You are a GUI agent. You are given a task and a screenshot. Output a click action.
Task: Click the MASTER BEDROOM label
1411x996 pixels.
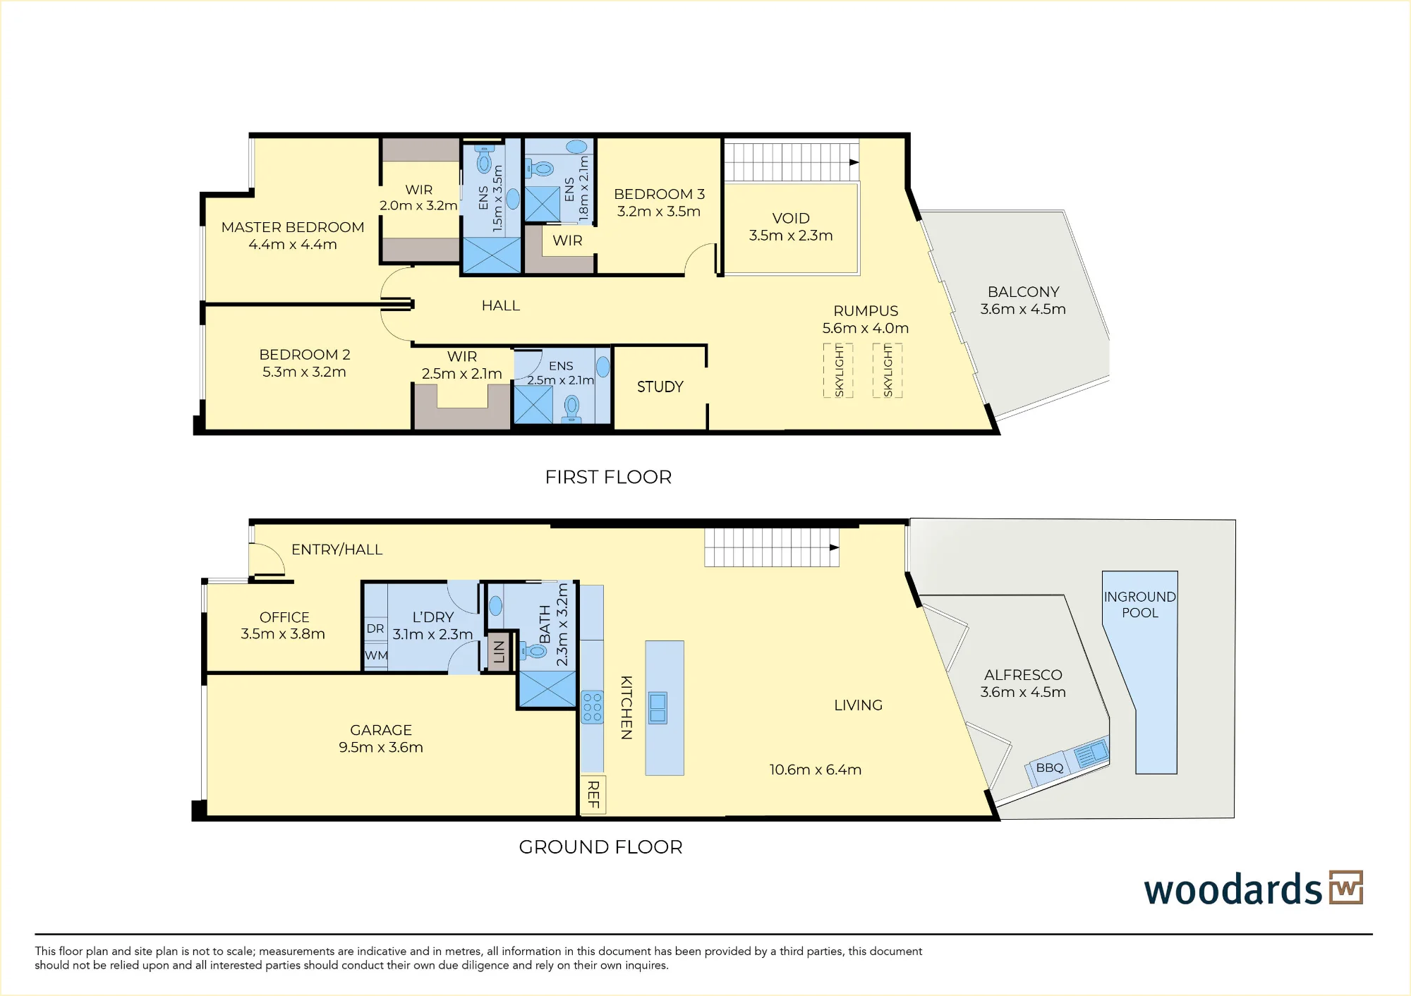(x=293, y=227)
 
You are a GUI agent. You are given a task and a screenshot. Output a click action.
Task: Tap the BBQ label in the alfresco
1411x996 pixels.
(x=1050, y=767)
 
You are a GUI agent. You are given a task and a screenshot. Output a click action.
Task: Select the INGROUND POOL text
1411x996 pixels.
(x=1140, y=605)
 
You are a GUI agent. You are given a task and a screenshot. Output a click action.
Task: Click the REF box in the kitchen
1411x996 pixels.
(x=593, y=795)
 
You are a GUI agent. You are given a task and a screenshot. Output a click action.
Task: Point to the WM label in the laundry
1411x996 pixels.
(x=376, y=655)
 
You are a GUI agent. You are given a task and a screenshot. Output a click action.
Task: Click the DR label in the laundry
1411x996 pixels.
(x=375, y=628)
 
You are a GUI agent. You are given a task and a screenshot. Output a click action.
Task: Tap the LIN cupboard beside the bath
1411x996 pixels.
(x=499, y=651)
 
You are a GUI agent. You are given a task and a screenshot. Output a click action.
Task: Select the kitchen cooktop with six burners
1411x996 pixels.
(x=592, y=707)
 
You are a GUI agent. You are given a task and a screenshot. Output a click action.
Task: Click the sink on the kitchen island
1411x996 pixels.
(x=658, y=707)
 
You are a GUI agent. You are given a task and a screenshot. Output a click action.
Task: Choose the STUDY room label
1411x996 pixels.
(x=660, y=387)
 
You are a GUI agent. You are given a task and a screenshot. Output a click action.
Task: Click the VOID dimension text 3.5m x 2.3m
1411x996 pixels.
(x=791, y=236)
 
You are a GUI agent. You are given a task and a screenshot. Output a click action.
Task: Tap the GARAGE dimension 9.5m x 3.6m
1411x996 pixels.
(x=381, y=748)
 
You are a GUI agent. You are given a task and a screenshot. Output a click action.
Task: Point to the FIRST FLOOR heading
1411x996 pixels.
(x=608, y=478)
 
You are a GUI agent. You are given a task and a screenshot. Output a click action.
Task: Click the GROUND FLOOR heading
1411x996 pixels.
(x=600, y=847)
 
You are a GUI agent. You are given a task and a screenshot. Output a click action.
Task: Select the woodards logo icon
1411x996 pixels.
(x=1346, y=887)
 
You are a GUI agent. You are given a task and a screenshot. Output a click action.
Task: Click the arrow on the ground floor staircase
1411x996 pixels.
(x=835, y=548)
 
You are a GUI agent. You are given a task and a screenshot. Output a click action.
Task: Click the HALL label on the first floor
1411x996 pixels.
(x=501, y=305)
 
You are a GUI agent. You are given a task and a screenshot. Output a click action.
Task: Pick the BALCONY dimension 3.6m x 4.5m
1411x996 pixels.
(x=1023, y=309)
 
